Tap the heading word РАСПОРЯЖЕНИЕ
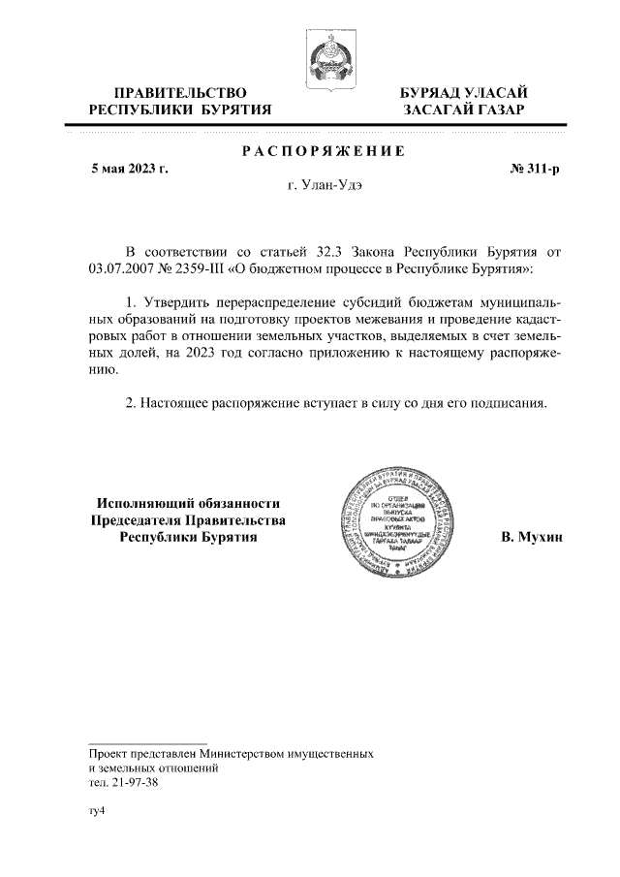[x=321, y=151]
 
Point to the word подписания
[x=511, y=401]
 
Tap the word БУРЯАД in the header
[x=436, y=92]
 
